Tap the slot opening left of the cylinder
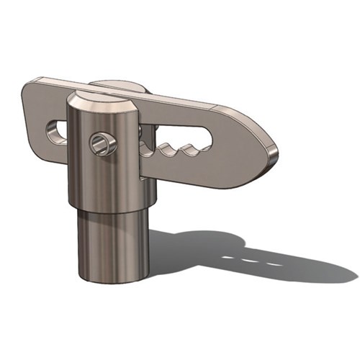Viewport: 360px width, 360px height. coord(55,131)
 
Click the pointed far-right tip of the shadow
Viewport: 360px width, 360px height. coord(353,276)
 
